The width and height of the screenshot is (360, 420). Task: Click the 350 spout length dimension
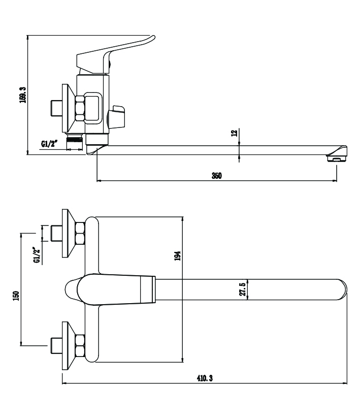pyautogui.click(x=216, y=176)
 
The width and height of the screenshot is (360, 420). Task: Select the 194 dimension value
pyautogui.click(x=178, y=256)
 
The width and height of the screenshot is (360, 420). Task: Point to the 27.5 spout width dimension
pyautogui.click(x=242, y=289)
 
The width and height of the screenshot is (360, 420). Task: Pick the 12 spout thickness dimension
pyautogui.click(x=234, y=133)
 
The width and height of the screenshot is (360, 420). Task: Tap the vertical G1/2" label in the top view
pyautogui.click(x=36, y=255)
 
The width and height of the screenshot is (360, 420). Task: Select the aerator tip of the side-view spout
pyautogui.click(x=336, y=159)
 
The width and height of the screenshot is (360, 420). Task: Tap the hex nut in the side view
pyautogui.click(x=80, y=108)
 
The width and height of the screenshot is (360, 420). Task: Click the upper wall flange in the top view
pyautogui.click(x=66, y=234)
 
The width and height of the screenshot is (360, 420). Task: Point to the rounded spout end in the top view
pyautogui.click(x=340, y=289)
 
